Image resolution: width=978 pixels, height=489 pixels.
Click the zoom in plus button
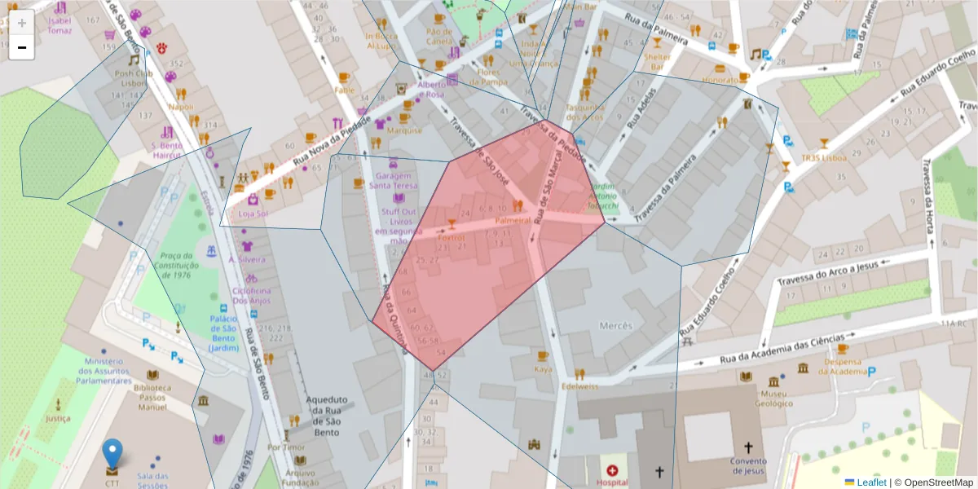tap(21, 23)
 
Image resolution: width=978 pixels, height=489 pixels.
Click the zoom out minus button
tap(21, 47)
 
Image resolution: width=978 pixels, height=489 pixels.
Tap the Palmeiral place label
tap(513, 220)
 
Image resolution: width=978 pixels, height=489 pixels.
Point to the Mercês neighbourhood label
tap(615, 326)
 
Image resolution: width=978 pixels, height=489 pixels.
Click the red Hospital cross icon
tap(612, 471)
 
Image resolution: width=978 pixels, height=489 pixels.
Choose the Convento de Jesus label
tap(748, 465)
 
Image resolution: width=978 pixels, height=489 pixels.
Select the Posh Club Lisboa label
tap(134, 77)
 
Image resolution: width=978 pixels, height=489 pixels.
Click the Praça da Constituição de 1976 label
tap(175, 265)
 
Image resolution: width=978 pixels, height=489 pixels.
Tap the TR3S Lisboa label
tap(823, 158)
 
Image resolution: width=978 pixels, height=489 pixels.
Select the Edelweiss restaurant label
tap(579, 386)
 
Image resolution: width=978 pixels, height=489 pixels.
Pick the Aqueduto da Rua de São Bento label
tap(327, 411)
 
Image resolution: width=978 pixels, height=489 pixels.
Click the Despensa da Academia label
tap(844, 367)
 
